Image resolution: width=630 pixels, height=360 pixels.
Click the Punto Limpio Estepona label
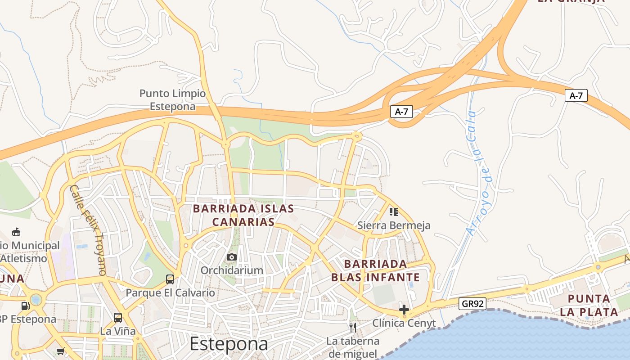pyautogui.click(x=172, y=100)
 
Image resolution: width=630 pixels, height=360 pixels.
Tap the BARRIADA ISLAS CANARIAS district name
pyautogui.click(x=243, y=215)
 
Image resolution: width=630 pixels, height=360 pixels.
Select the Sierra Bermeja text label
pyautogui.click(x=394, y=225)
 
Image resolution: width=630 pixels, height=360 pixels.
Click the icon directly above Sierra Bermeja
pyautogui.click(x=394, y=211)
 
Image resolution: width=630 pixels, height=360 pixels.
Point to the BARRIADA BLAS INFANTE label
pyautogui.click(x=375, y=270)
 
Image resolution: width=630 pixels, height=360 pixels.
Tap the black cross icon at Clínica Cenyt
pyautogui.click(x=404, y=310)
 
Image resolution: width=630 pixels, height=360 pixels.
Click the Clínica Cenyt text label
pyautogui.click(x=404, y=323)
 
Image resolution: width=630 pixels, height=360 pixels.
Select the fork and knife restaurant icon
pyautogui.click(x=353, y=327)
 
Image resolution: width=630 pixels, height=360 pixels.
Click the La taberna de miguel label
pyautogui.click(x=353, y=347)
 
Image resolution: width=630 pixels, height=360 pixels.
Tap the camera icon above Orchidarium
pyautogui.click(x=232, y=257)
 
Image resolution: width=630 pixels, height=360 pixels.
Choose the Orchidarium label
pyautogui.click(x=232, y=270)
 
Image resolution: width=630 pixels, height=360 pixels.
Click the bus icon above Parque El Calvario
pyautogui.click(x=170, y=279)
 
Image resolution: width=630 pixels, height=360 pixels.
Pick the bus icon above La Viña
pyautogui.click(x=118, y=318)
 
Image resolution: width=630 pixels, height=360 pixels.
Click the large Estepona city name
pyautogui.click(x=229, y=344)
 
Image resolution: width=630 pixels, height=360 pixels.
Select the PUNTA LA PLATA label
pyautogui.click(x=593, y=305)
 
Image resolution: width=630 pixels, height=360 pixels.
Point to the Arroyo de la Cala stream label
pyautogui.click(x=479, y=173)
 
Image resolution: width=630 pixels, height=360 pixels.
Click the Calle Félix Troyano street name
pyautogui.click(x=88, y=229)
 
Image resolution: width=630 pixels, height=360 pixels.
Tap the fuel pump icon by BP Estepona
pyautogui.click(x=26, y=306)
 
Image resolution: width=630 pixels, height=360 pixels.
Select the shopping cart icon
pyautogui.click(x=60, y=351)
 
